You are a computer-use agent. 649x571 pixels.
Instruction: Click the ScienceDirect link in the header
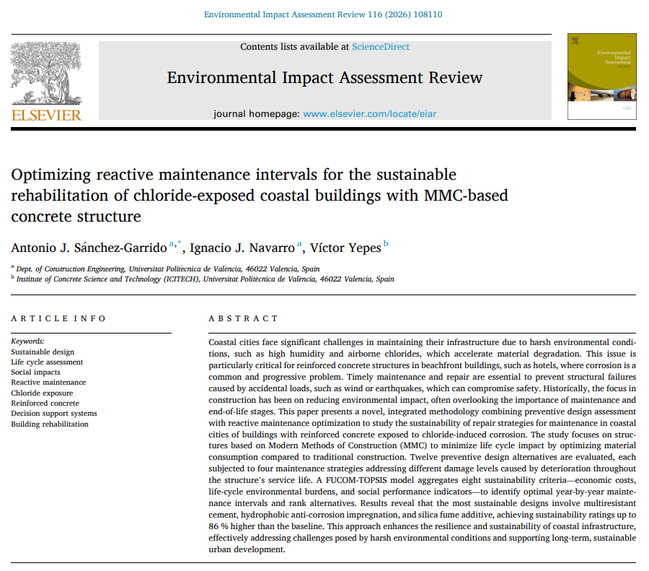pos(380,47)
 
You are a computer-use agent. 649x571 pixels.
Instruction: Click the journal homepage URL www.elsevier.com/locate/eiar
pos(369,114)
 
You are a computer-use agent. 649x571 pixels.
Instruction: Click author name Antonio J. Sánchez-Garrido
pos(89,248)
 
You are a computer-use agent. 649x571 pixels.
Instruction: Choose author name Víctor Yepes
pos(342,248)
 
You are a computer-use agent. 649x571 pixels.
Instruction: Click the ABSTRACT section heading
pos(243,318)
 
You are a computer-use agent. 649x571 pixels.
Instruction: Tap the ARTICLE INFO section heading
pos(58,318)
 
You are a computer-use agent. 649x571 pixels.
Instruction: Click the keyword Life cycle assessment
pos(47,362)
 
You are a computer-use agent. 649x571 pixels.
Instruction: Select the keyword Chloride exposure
pos(42,393)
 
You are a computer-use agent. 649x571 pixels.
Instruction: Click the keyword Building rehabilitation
pos(50,424)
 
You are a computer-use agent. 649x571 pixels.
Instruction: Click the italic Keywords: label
pos(27,341)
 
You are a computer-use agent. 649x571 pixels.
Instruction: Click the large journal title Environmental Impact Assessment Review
pos(324,78)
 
